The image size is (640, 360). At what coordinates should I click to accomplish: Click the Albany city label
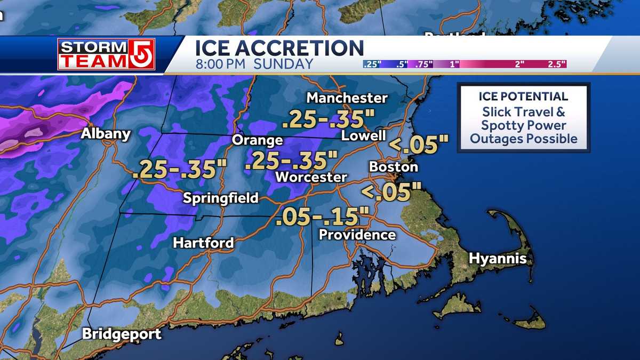pos(106,133)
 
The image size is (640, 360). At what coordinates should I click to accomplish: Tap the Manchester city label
pos(347,98)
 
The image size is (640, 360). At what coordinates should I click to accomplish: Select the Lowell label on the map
pos(363,136)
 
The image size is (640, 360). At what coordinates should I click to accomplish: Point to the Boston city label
pos(394,166)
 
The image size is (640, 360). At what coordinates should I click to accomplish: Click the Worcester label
pos(311,177)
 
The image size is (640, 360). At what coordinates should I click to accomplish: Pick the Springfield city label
pos(220,198)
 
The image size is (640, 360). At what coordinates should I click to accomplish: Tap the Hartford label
pos(203,243)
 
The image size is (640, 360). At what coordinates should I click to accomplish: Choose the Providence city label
pos(357,235)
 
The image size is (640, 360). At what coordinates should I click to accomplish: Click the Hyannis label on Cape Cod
pos(498,259)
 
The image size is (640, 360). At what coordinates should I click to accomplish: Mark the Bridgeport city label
pos(122,334)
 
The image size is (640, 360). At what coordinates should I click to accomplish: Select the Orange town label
pos(257,140)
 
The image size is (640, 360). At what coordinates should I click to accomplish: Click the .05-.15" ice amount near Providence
pos(323,217)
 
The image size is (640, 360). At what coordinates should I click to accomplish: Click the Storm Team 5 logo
pos(106,54)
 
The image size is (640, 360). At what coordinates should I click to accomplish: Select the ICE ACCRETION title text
pos(279,49)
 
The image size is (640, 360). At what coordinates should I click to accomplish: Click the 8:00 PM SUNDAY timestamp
pos(254,65)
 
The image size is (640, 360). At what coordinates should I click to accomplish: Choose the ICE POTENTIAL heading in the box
pos(523,97)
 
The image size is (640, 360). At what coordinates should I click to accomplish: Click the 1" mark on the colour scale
pos(455,65)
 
